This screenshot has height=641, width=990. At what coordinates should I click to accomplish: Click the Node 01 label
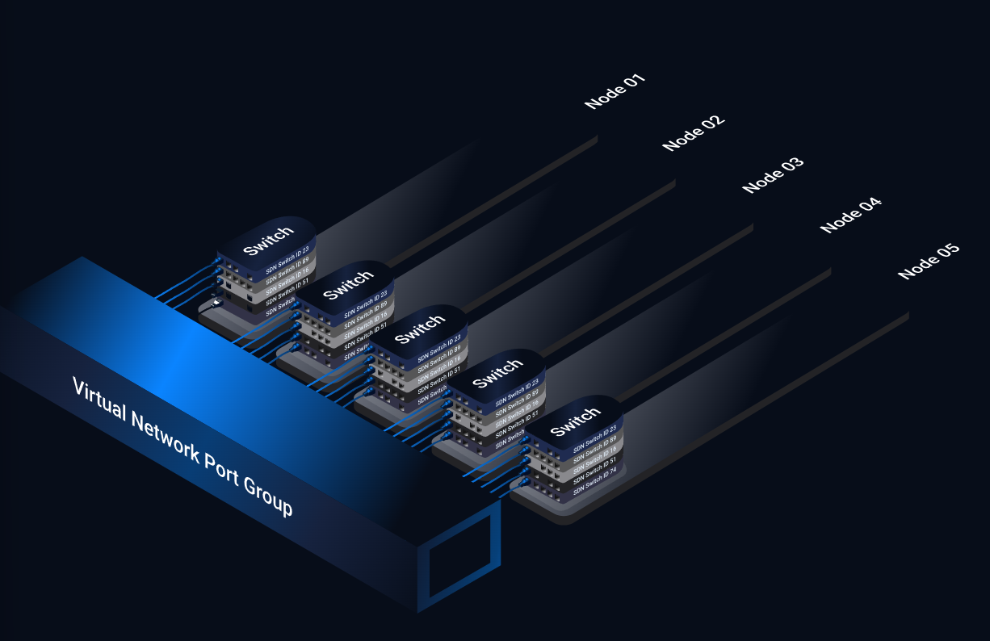click(x=615, y=91)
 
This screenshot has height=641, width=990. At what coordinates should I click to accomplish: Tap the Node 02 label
click(x=694, y=133)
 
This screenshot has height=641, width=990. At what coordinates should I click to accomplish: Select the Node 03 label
click(x=773, y=175)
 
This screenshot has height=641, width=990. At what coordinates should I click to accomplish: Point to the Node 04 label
click(x=851, y=215)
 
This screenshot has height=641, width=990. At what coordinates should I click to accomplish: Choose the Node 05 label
click(x=929, y=261)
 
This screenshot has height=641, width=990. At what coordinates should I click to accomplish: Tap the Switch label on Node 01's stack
click(x=268, y=241)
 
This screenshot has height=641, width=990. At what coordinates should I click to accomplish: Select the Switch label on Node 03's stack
click(x=420, y=329)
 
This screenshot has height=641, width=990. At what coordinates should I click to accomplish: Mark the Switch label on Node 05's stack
click(x=575, y=419)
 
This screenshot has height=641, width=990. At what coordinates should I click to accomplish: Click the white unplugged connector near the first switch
click(x=216, y=303)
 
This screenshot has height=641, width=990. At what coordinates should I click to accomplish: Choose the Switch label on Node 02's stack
click(x=347, y=284)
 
